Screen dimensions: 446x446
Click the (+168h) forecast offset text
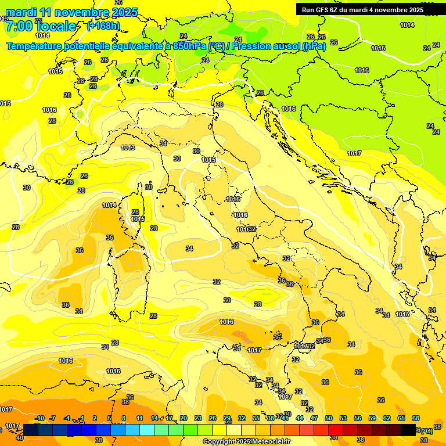[x=103, y=26]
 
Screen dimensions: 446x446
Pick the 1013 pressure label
[x=128, y=148]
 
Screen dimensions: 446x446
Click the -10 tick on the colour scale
[x=40, y=418]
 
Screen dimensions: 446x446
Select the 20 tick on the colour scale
[x=183, y=418]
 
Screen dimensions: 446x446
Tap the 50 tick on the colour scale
[x=329, y=418]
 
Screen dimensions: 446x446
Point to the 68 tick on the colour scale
[x=416, y=418]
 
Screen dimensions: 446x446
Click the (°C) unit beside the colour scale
[x=426, y=430]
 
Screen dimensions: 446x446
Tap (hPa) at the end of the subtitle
[x=314, y=46]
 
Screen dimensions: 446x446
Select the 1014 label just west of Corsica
[x=109, y=205]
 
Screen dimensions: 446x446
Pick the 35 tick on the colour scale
[x=256, y=418]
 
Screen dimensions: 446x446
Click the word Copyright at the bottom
[x=218, y=442]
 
